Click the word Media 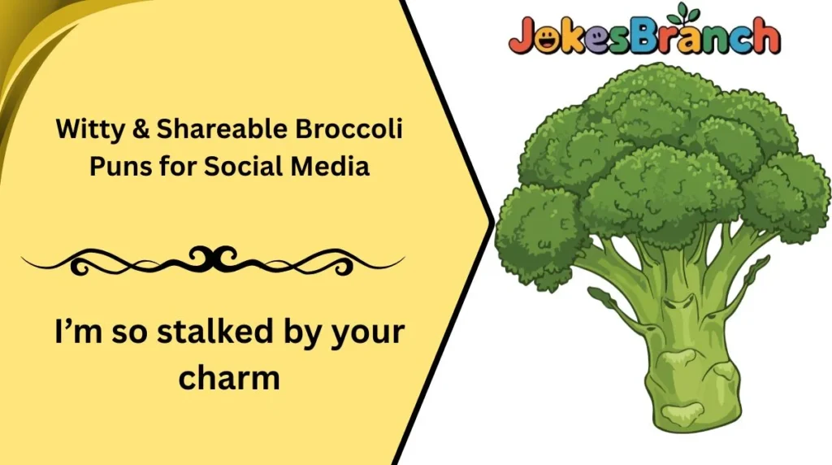(x=336, y=167)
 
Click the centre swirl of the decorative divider (x=213, y=259)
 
